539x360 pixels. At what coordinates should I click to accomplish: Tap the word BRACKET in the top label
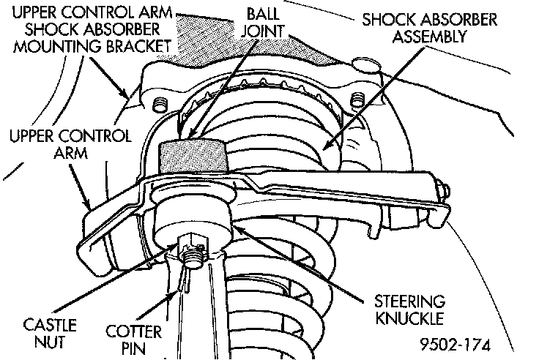pyautogui.click(x=140, y=45)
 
